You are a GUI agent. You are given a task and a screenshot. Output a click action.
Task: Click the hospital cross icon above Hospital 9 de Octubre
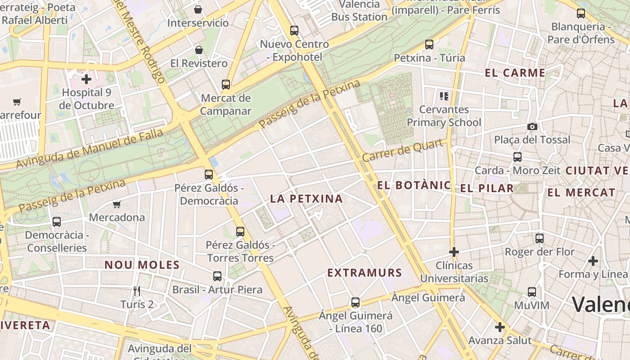86,80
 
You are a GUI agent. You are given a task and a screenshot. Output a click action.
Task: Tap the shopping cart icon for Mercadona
117,205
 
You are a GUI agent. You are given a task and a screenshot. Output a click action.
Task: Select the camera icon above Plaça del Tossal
532,127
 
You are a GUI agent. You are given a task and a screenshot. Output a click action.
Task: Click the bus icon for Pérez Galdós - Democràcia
209,175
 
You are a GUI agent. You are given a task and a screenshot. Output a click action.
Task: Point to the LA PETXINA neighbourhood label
306,198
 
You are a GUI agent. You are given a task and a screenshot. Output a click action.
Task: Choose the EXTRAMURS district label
364,273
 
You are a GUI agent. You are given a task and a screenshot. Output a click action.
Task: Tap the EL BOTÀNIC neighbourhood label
414,185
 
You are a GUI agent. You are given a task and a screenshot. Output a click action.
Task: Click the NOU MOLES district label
142,265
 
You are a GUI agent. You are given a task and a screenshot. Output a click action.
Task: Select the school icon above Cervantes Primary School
444,96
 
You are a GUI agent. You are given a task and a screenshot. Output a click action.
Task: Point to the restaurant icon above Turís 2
137,291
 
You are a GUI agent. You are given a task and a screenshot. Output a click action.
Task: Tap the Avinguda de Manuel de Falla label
89,149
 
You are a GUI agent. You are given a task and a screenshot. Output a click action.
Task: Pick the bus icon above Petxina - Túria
429,45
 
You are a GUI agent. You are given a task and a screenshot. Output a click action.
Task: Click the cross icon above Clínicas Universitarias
454,252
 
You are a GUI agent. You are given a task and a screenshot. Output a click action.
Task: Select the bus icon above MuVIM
532,292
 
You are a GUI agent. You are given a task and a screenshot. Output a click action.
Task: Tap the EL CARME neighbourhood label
515,73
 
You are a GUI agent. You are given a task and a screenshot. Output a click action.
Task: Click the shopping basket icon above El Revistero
198,49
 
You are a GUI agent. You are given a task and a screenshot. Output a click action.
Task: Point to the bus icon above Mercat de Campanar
226,84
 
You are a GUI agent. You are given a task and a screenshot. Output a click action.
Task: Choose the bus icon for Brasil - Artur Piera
217,276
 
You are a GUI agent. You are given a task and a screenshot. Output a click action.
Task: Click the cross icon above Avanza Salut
499,327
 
